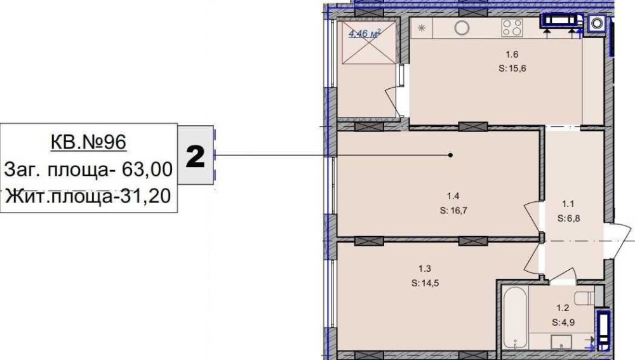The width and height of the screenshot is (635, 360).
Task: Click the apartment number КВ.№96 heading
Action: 88,142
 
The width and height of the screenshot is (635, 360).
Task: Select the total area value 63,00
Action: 147,170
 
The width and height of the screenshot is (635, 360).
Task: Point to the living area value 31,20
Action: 146,196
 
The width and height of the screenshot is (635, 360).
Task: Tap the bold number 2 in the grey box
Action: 195,156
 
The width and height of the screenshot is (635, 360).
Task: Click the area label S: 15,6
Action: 512,69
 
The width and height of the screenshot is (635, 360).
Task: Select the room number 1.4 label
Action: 453,196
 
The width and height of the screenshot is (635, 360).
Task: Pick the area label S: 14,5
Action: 425,283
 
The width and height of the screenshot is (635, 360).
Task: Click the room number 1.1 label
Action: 568,204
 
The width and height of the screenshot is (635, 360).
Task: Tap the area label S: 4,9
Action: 563,323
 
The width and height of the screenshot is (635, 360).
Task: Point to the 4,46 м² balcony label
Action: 364,34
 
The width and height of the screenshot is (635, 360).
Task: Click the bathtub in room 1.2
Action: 515,318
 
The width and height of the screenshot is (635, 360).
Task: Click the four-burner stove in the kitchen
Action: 512,28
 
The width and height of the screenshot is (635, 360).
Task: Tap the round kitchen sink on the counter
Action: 462,28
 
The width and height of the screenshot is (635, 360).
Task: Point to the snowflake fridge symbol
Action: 422,28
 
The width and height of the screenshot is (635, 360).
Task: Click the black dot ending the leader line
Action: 450,155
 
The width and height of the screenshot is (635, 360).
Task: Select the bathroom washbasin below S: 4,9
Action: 561,341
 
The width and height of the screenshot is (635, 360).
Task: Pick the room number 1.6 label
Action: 512,54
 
